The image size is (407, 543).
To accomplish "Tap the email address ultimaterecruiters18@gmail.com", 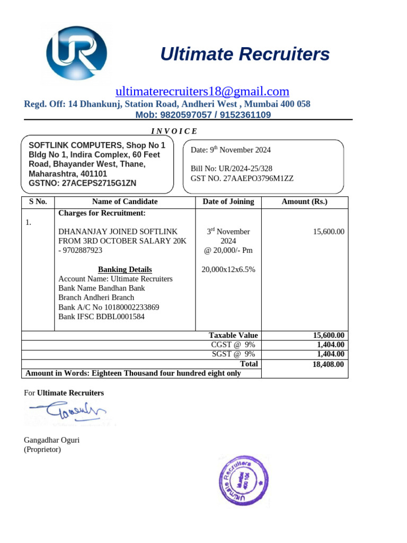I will (x=202, y=91).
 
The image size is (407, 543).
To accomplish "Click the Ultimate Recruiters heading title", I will (x=245, y=54).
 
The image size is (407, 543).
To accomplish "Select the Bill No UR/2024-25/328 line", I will (x=232, y=169).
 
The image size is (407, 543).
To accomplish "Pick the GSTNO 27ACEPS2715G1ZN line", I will (x=82, y=183).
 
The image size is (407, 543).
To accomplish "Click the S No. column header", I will (x=38, y=202).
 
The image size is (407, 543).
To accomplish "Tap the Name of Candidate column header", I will (x=125, y=202).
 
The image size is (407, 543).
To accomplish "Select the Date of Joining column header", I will (x=228, y=202).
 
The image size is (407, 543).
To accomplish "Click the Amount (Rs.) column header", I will (x=305, y=202).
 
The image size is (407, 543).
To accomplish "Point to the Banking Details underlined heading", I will (x=125, y=269).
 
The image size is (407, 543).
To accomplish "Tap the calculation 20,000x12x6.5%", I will (x=228, y=269).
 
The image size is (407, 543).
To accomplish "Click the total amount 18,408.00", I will (x=329, y=364).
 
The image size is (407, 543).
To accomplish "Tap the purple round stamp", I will (x=241, y=480).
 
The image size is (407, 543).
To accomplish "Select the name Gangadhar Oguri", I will (x=52, y=440).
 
